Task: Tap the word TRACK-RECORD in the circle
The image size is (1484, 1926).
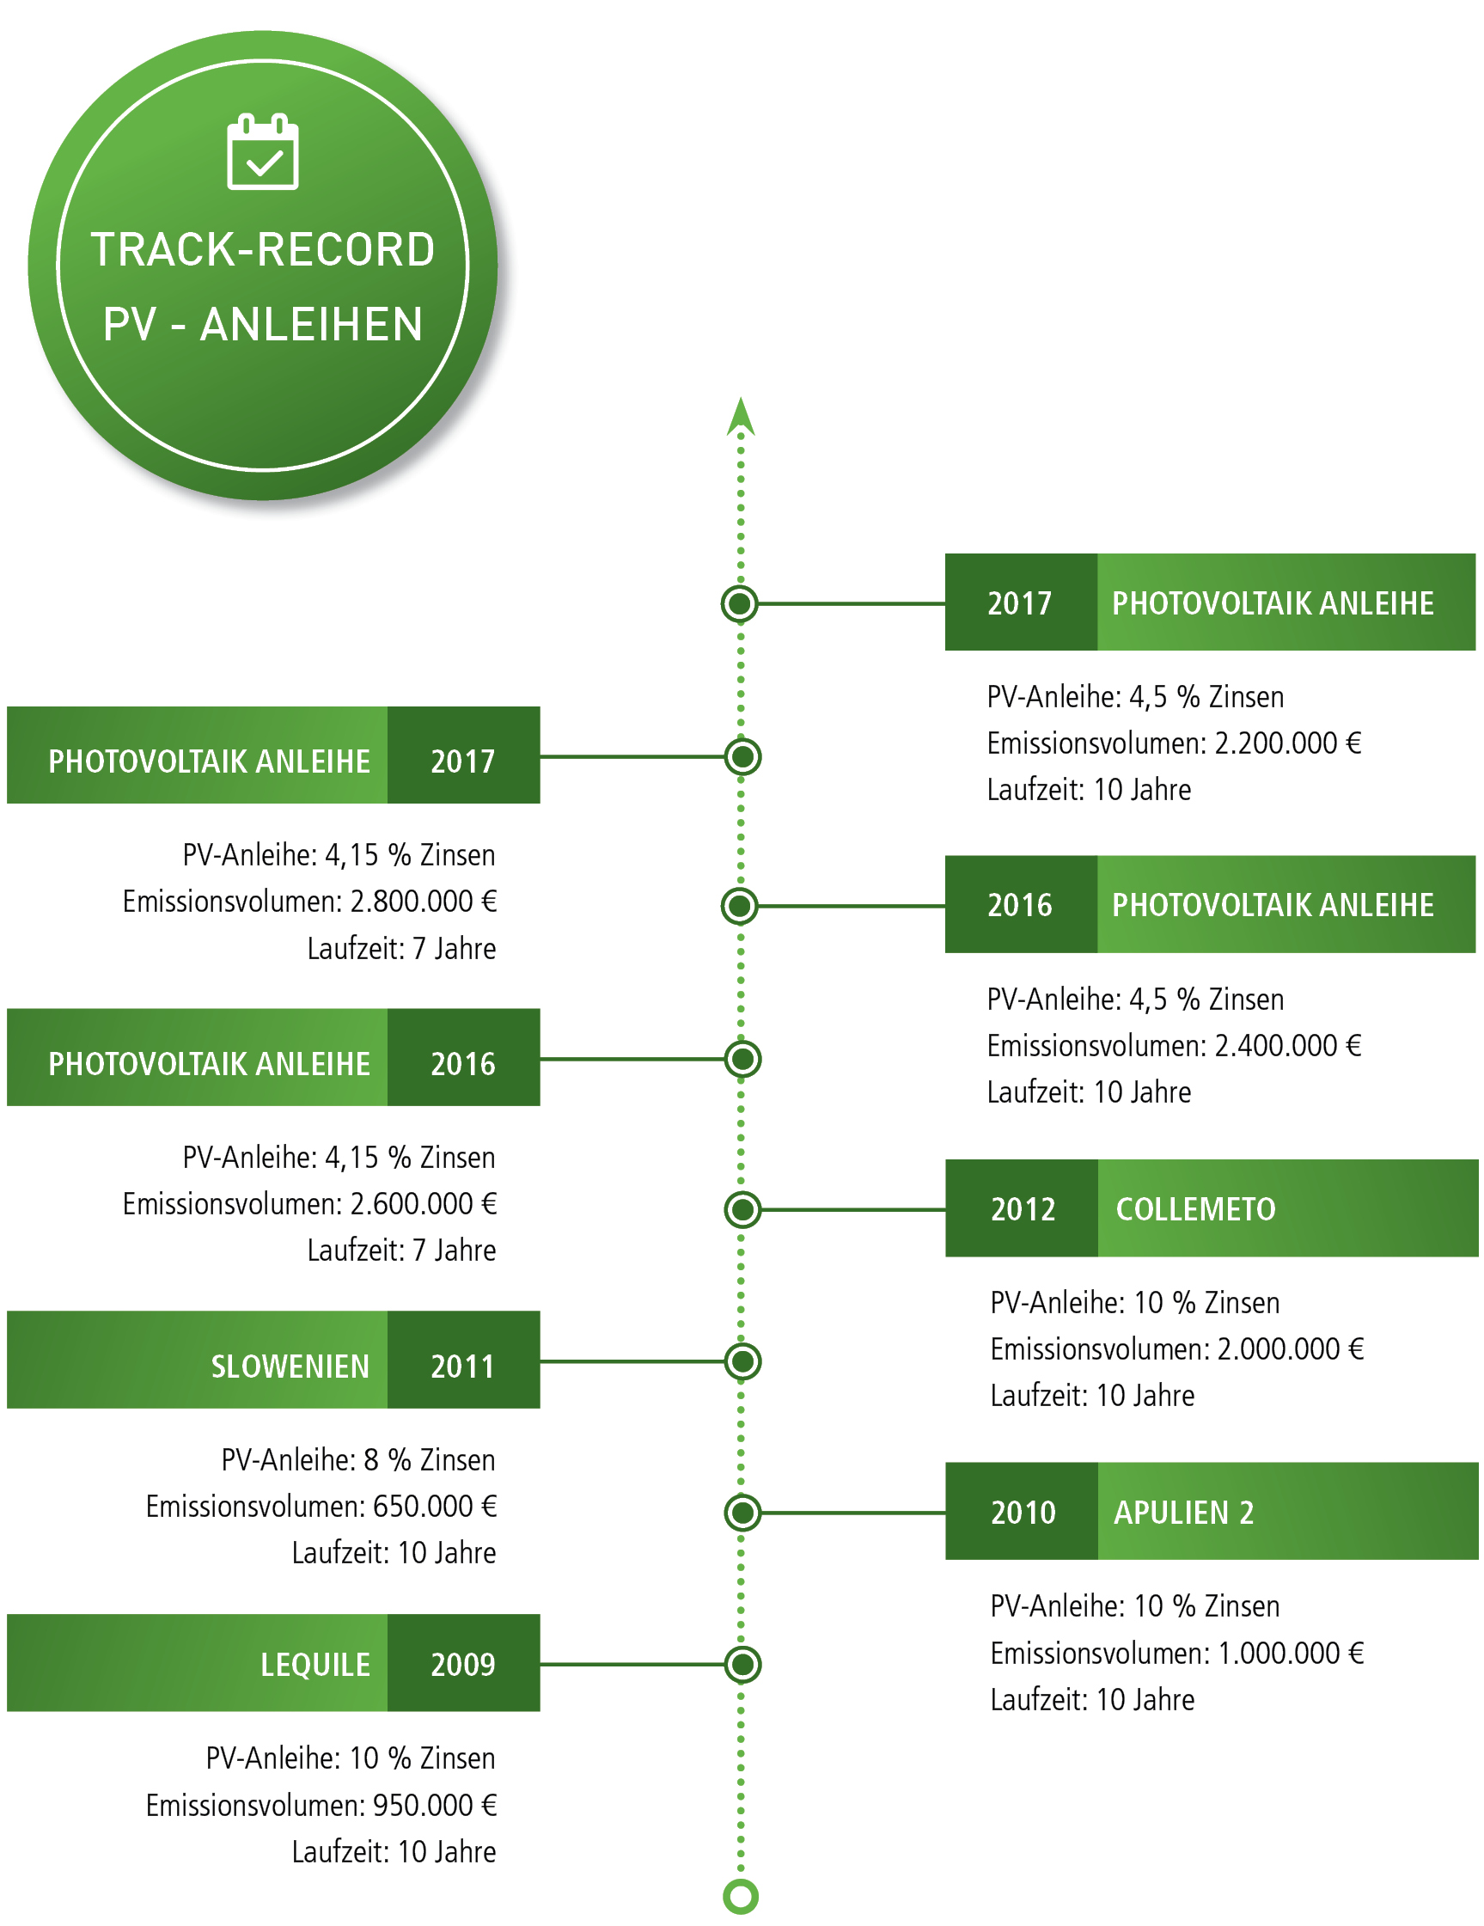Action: pyautogui.click(x=263, y=249)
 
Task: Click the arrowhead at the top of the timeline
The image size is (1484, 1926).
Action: pyautogui.click(x=741, y=416)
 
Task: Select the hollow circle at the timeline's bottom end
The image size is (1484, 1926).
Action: pyautogui.click(x=741, y=1896)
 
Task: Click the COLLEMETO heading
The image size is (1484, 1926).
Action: pyautogui.click(x=1195, y=1209)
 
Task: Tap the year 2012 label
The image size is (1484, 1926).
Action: pyautogui.click(x=1023, y=1209)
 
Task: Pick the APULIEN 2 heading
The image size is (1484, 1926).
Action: pyautogui.click(x=1183, y=1513)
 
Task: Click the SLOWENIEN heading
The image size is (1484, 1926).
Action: pyautogui.click(x=290, y=1366)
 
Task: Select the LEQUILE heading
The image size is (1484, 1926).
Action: pyautogui.click(x=315, y=1664)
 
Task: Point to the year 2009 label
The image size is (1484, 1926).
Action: pyautogui.click(x=463, y=1664)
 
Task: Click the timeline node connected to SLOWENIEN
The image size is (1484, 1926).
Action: pyautogui.click(x=742, y=1361)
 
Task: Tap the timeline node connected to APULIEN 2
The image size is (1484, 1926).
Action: pyautogui.click(x=742, y=1513)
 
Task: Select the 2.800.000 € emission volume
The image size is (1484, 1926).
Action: pyautogui.click(x=424, y=902)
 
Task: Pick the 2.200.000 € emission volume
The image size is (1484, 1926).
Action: pyautogui.click(x=1288, y=743)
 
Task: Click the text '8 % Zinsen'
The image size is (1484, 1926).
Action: pyautogui.click(x=430, y=1459)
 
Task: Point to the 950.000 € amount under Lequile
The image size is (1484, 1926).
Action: pyautogui.click(x=435, y=1805)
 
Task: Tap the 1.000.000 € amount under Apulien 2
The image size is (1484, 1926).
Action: pyautogui.click(x=1291, y=1653)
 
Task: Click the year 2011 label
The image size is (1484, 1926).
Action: pyautogui.click(x=463, y=1366)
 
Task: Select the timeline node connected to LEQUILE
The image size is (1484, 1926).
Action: pyautogui.click(x=742, y=1664)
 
